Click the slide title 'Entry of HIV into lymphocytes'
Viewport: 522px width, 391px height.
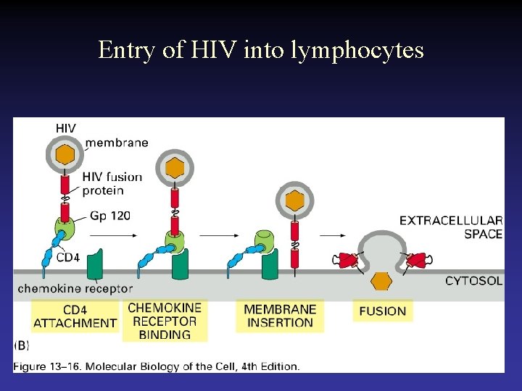coord(261,50)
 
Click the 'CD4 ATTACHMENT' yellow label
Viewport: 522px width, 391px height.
coord(75,316)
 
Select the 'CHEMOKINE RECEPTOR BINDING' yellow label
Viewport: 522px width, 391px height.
coord(165,321)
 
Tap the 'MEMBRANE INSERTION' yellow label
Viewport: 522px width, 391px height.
coord(279,316)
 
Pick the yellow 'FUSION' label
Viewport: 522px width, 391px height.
coord(383,311)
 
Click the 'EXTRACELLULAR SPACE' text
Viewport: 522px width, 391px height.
coord(451,227)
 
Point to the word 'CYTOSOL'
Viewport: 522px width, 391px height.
coord(473,281)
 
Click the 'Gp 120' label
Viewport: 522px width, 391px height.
coord(111,216)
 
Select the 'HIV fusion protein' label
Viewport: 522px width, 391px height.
coord(112,184)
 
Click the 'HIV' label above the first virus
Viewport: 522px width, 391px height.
coord(65,129)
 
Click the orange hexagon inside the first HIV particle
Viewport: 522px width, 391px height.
coord(65,154)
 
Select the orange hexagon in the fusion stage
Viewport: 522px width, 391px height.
coord(381,281)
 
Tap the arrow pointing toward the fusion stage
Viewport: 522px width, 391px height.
coord(332,235)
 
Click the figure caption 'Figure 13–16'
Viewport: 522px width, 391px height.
coord(156,366)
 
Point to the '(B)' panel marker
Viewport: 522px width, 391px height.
coord(21,346)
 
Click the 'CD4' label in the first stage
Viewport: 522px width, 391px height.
coord(67,258)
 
